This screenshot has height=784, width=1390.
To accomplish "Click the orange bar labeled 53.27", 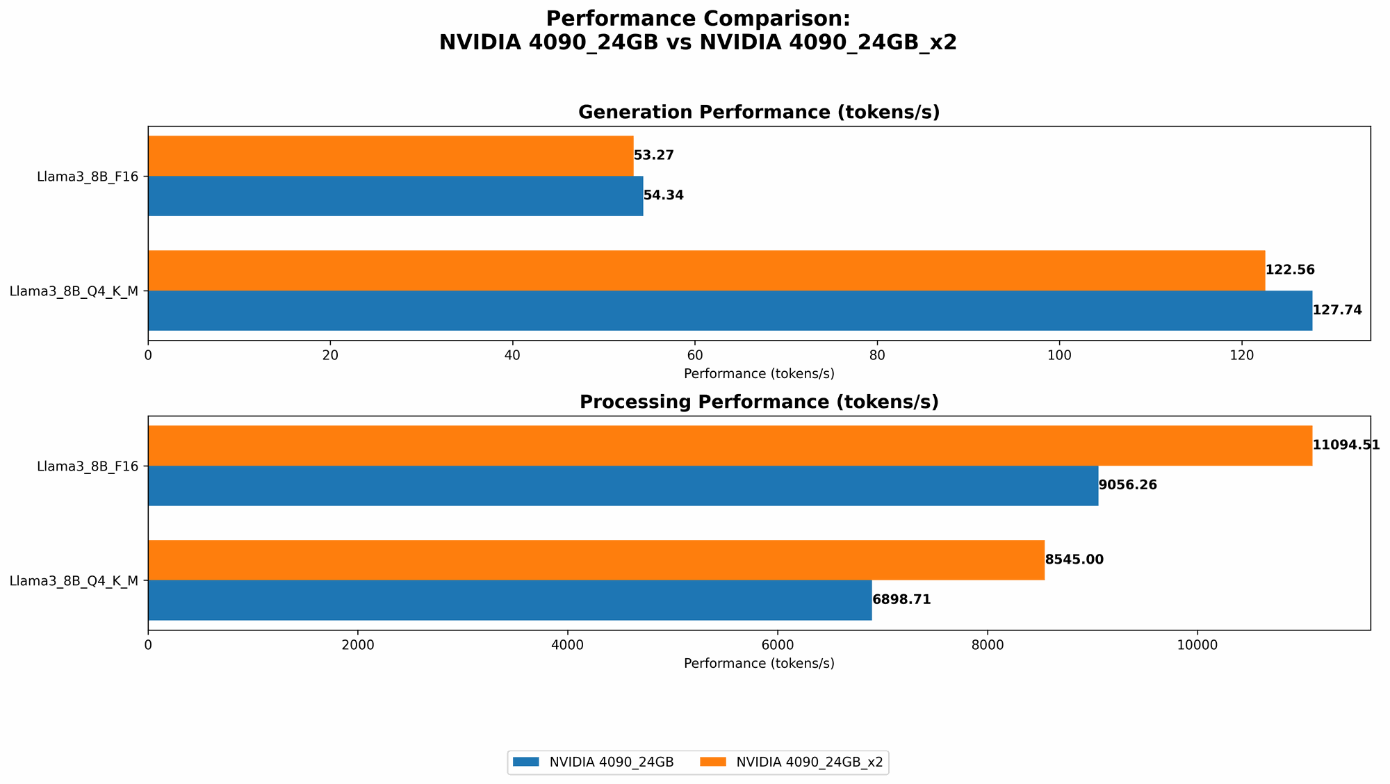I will coord(391,156).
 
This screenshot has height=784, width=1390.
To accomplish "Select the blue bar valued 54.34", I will coord(395,196).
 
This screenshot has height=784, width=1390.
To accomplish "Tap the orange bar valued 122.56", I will coord(706,270).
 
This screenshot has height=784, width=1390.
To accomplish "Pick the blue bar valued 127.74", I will coord(730,311).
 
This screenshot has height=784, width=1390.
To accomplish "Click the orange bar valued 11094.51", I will coord(730,446).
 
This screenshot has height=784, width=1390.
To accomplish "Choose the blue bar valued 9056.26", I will coord(623,486).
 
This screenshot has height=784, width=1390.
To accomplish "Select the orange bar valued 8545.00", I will coord(596,560).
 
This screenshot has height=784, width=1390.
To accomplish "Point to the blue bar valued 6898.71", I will coord(509,601).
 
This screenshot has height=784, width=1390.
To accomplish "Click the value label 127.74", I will coord(1337,311).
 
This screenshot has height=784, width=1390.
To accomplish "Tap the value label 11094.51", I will coord(1346,446).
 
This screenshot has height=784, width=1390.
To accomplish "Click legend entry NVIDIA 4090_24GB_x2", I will coord(809,762).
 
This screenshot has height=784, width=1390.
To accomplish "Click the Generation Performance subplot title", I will coord(759,113).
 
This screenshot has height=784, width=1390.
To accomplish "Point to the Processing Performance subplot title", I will coord(759,402).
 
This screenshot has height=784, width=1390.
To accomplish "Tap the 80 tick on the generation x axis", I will coord(877,355).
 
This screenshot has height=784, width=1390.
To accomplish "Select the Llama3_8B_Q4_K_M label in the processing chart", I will coord(74,581).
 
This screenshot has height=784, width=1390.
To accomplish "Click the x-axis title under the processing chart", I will coord(759,664).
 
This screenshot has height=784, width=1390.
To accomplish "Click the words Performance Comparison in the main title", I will coord(698,19).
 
